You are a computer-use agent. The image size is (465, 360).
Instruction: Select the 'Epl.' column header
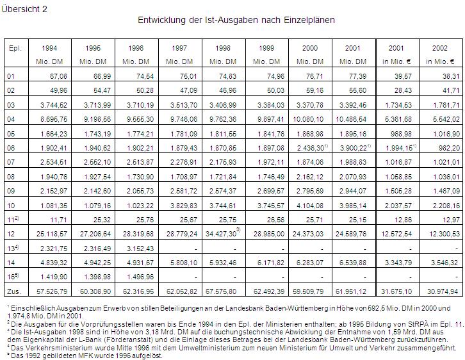click(x=13, y=48)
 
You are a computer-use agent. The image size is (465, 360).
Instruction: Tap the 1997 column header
click(x=180, y=48)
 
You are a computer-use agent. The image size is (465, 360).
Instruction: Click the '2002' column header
click(x=440, y=48)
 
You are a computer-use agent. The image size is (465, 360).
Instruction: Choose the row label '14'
click(x=10, y=263)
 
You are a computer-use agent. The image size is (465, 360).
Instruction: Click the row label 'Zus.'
click(x=13, y=292)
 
